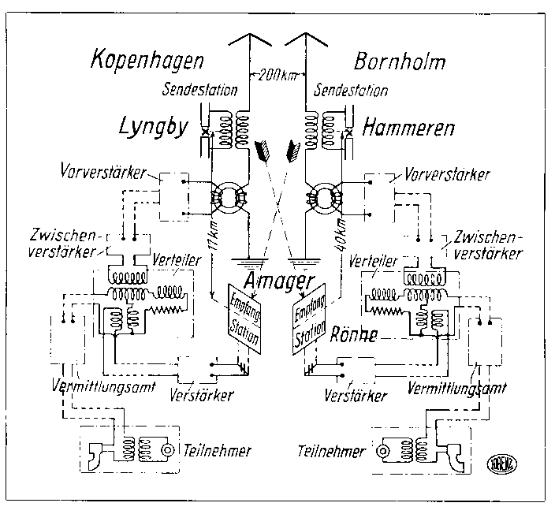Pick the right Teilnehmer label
point(332,452)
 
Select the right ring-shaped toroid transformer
point(325,197)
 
